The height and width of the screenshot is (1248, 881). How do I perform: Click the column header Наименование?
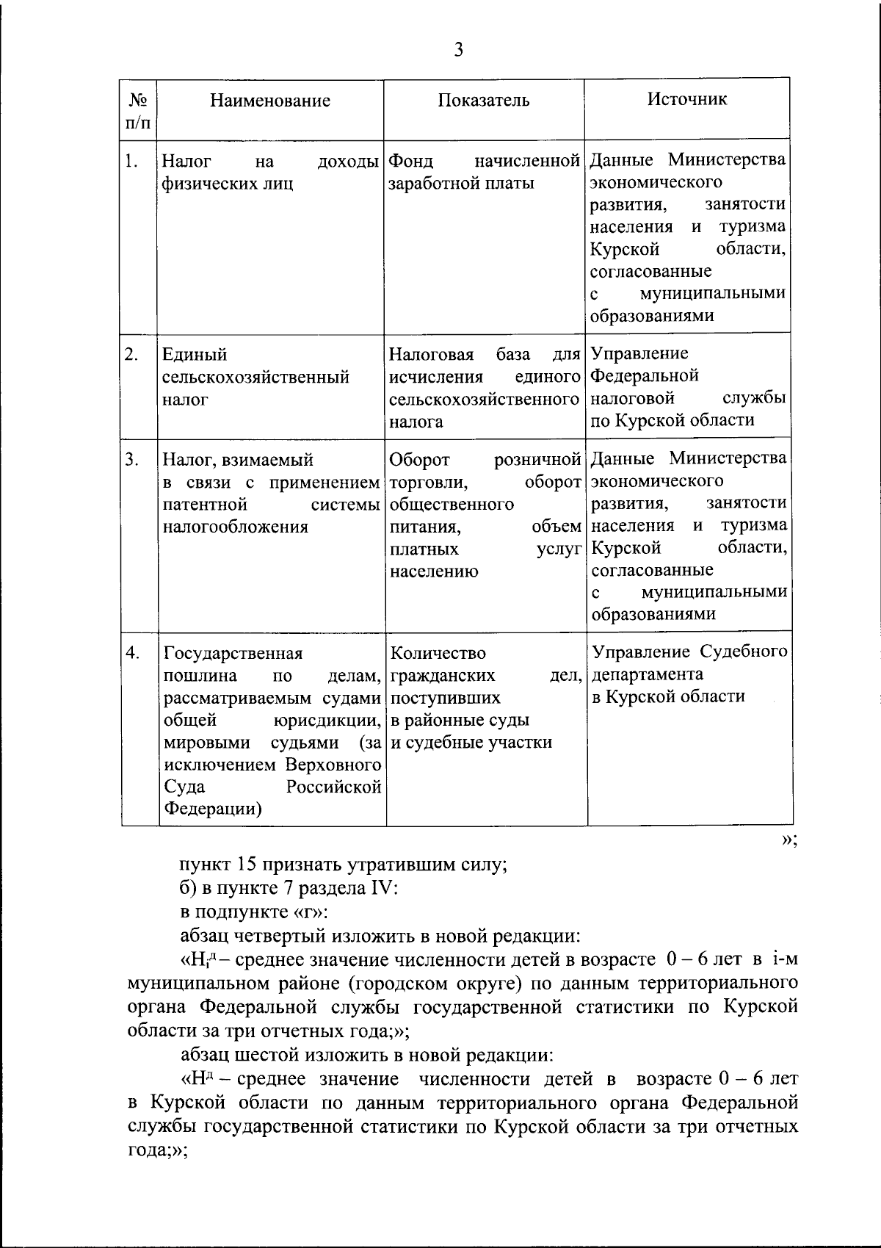(x=270, y=101)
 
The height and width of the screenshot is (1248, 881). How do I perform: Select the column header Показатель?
(x=484, y=101)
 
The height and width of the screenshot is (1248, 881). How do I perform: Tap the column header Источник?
(x=687, y=99)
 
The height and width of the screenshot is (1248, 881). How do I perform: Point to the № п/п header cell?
(x=139, y=109)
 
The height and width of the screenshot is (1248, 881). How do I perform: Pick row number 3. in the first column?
(x=131, y=460)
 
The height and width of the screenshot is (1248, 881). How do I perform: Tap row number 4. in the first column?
(x=131, y=653)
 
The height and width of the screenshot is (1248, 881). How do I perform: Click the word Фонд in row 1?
(x=410, y=161)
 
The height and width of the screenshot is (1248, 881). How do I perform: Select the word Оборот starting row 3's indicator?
(x=420, y=460)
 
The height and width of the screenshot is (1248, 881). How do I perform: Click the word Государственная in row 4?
(x=233, y=653)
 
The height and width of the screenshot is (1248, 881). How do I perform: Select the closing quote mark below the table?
(x=789, y=840)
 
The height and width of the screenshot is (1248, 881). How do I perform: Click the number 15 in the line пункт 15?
(x=246, y=864)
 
